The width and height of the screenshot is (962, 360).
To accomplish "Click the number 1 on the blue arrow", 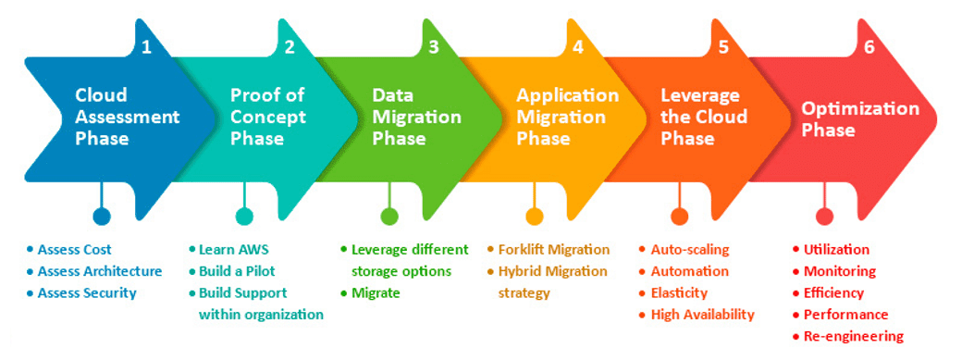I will pos(146,47).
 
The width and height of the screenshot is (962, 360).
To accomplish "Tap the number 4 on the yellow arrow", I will pos(578,47).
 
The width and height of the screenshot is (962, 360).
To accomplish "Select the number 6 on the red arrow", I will pos(869,47).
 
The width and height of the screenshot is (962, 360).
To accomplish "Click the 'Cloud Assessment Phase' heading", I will pos(127,117).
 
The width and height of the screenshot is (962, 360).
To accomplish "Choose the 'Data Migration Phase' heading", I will pos(416,117).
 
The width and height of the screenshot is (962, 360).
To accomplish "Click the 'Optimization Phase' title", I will pos(860,119).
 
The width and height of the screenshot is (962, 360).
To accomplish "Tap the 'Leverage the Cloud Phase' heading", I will pos(700,117).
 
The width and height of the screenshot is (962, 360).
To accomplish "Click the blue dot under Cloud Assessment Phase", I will pos(102,217).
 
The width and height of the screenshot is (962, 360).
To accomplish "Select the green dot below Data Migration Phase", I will pos(389,217).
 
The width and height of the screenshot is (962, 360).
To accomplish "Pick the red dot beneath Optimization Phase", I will pos(824,217).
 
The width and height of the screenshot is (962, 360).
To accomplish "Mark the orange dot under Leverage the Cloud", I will pos(680,217).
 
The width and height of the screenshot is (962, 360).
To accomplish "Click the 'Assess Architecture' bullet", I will pos(99,271).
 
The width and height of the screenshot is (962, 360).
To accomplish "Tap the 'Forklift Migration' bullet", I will pos(553,249).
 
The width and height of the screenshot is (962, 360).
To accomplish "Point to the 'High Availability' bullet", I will pos(702,315).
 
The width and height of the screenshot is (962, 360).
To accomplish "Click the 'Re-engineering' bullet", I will pos(853,336).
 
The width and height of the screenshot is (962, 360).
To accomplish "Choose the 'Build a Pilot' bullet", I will pos(237,271).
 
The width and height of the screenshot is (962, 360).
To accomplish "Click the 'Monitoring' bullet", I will pos(839,271).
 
